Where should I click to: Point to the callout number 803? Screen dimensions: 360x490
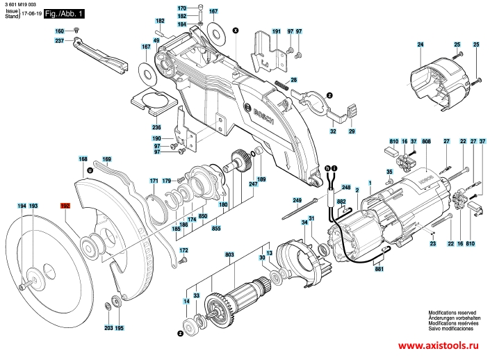(x=229, y=256)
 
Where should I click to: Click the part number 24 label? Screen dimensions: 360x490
(x=420, y=45)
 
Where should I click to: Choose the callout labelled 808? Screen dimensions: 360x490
(x=425, y=142)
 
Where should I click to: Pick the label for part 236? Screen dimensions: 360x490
(x=156, y=127)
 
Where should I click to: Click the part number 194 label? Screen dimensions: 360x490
(x=22, y=206)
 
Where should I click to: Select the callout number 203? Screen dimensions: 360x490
(x=108, y=327)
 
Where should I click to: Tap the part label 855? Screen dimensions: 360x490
(x=217, y=228)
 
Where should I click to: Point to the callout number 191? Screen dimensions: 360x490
(x=276, y=32)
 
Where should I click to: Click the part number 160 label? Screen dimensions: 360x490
(x=60, y=31)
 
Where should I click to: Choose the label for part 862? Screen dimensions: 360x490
(x=341, y=202)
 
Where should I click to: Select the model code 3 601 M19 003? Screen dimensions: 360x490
(x=21, y=4)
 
